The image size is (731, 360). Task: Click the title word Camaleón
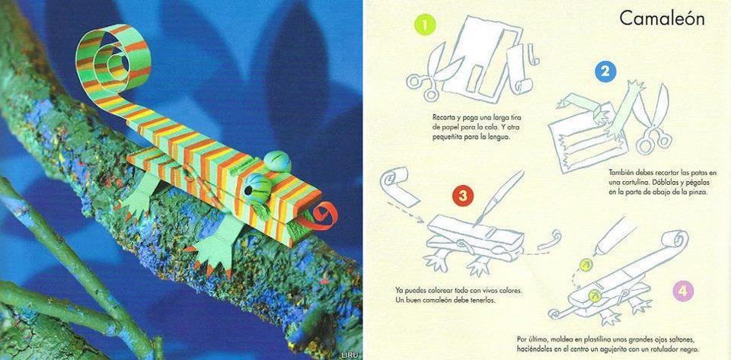coord(662,19)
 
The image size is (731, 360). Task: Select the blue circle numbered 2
coord(605,72)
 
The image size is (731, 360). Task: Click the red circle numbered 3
coord(462,196)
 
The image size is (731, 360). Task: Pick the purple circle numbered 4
coord(683,292)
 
